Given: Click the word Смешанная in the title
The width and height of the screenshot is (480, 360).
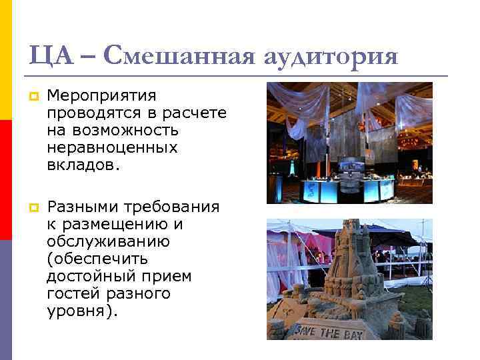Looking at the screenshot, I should (175, 54).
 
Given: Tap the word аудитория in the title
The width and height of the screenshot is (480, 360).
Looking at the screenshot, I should (327, 55).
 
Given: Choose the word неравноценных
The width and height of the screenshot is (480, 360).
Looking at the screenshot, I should (112, 148).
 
